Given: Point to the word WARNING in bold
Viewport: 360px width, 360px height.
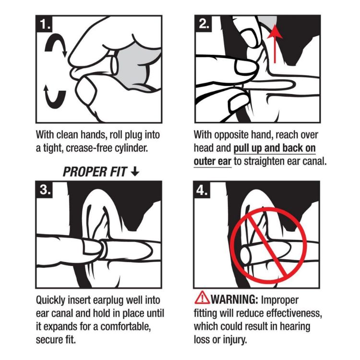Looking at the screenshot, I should (233, 300).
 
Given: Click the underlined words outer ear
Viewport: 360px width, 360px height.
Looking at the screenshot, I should (213, 161).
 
